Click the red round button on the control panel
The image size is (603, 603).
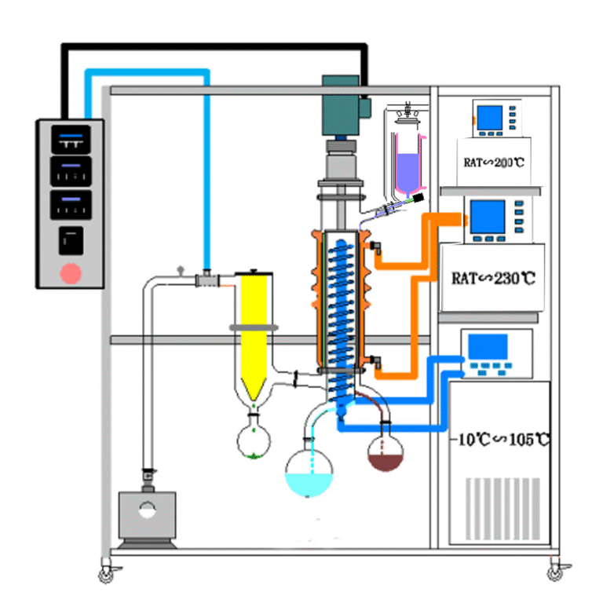(71, 273)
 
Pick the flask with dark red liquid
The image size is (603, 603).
(386, 452)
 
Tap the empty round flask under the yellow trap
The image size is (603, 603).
(254, 440)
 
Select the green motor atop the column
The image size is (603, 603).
(342, 105)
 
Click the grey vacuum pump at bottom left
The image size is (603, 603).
(146, 517)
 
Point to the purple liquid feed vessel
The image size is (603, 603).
(408, 169)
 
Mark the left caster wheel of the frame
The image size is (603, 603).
(106, 576)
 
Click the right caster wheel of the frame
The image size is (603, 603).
(555, 574)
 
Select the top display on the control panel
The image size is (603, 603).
(71, 140)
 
